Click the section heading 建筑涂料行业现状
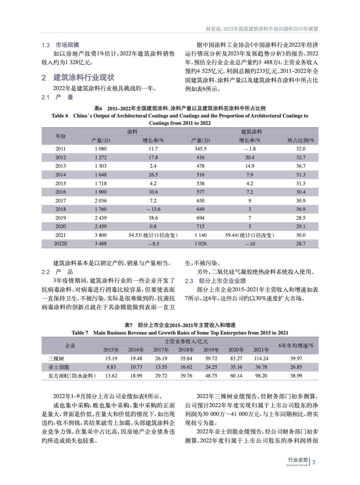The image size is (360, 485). tap(84, 78)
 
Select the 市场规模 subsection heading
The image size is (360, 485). tap(67, 45)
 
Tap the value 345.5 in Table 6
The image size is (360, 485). tap(200, 149)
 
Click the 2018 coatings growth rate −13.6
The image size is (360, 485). tap(153, 209)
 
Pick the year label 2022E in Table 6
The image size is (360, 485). tap(61, 244)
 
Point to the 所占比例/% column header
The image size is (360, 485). tap(301, 140)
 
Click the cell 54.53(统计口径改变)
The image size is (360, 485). tap(153, 235)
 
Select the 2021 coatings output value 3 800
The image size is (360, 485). tap(101, 235)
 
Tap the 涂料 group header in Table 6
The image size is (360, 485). tap(132, 132)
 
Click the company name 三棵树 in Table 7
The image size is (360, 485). tap(56, 359)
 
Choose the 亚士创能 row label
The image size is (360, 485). tap(59, 367)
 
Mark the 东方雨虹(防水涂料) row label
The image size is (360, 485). tap(72, 376)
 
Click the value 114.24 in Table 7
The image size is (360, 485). tap(261, 359)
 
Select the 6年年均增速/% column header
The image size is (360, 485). tap(296, 346)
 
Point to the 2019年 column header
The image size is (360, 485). tap(211, 350)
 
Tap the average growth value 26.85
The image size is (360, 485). tap(296, 367)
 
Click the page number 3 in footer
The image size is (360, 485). tap(314, 462)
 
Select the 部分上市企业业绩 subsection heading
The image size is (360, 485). tap(222, 281)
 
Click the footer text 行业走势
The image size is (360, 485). tap(298, 460)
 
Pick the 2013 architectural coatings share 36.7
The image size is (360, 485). tap(301, 166)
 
